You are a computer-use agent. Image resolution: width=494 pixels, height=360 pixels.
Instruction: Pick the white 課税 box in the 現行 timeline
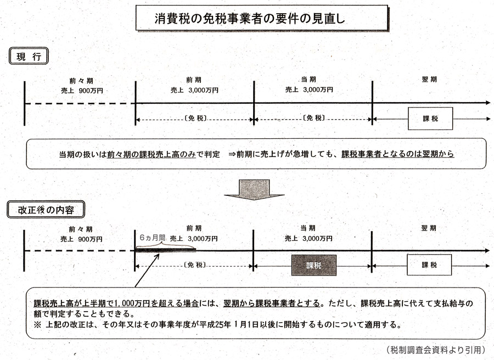click(x=430, y=119)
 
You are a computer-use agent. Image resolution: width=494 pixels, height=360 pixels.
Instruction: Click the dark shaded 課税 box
click(x=313, y=265)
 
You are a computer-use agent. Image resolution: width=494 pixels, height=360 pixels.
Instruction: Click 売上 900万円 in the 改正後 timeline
click(x=81, y=239)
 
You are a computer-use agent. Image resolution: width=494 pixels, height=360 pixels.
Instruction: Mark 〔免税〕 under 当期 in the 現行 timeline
click(x=313, y=118)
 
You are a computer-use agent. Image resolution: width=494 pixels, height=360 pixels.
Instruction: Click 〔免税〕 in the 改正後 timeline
click(x=195, y=265)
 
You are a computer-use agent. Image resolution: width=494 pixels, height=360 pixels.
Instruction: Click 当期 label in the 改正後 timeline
click(x=308, y=228)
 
